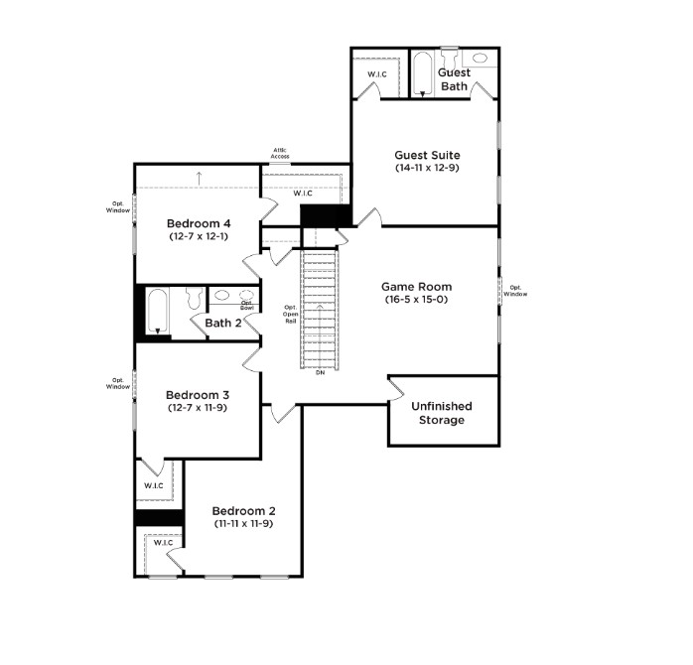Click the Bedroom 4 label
point(199,223)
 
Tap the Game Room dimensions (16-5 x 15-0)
point(416,299)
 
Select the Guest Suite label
point(427,155)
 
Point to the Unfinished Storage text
point(442,413)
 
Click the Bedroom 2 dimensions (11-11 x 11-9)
point(243,524)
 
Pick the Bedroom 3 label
point(198,395)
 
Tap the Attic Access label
point(280,153)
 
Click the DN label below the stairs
point(320,373)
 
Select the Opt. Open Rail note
point(290,315)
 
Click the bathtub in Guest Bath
point(423,75)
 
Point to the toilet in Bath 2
point(194,298)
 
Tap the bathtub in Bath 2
point(157,311)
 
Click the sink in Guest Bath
point(480,58)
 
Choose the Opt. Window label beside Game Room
point(515,291)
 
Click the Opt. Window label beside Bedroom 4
point(118,207)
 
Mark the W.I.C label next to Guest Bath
point(377,74)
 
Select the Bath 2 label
point(223,323)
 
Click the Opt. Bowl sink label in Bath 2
point(247,306)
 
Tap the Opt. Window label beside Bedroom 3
point(118,383)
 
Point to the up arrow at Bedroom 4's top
point(199,178)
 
